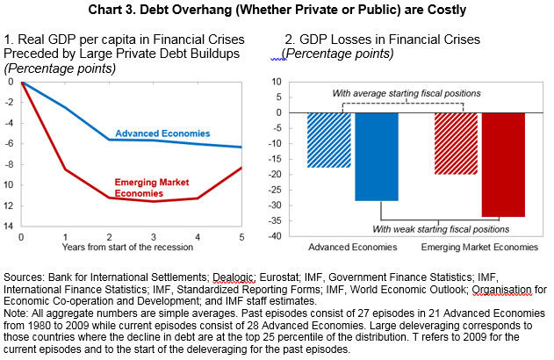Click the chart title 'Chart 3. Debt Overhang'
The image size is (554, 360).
point(277,10)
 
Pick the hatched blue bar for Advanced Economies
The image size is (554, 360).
point(330,140)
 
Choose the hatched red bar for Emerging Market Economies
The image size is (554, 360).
point(456,143)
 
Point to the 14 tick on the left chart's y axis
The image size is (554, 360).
point(10,226)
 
